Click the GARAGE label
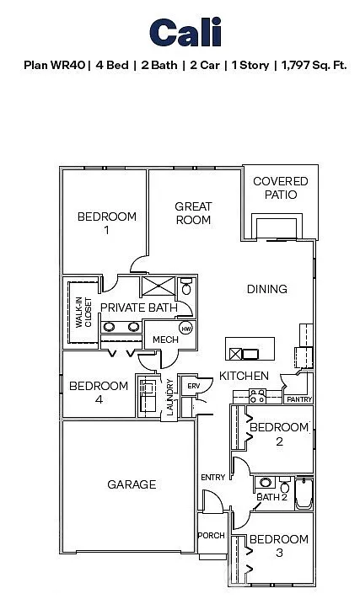point(131,484)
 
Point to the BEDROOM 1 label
point(106,223)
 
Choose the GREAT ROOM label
point(193,212)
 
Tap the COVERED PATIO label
point(281,187)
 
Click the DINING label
point(266,289)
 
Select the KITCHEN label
point(244,375)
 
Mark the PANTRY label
point(298,399)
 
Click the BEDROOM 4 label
point(99,393)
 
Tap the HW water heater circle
point(186,328)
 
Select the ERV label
point(192,386)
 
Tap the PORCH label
point(211,536)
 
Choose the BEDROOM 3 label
point(278,545)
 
